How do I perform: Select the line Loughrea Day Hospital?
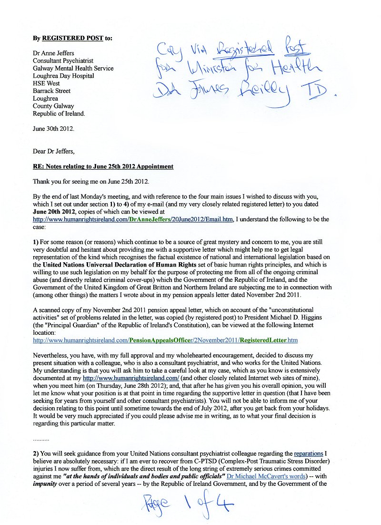pos(63,76)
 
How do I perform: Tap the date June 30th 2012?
pos(53,129)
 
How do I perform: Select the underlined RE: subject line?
pos(103,166)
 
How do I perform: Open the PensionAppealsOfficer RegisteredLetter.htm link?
pos(165,340)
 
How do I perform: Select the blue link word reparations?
pos(308,453)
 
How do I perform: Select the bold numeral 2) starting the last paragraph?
pos(36,453)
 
